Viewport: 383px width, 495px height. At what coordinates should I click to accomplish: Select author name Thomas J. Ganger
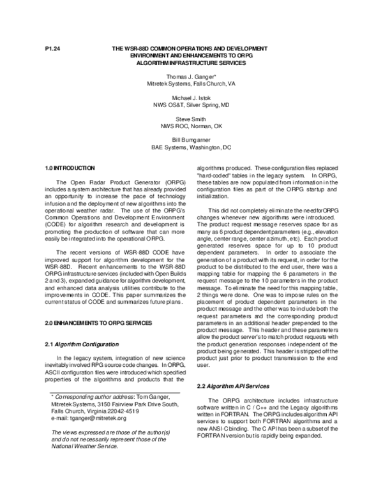coord(191,76)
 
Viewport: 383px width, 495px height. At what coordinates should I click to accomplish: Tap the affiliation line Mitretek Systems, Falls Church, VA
coord(191,83)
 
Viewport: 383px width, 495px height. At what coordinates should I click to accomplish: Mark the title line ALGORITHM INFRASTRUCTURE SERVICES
coord(191,63)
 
